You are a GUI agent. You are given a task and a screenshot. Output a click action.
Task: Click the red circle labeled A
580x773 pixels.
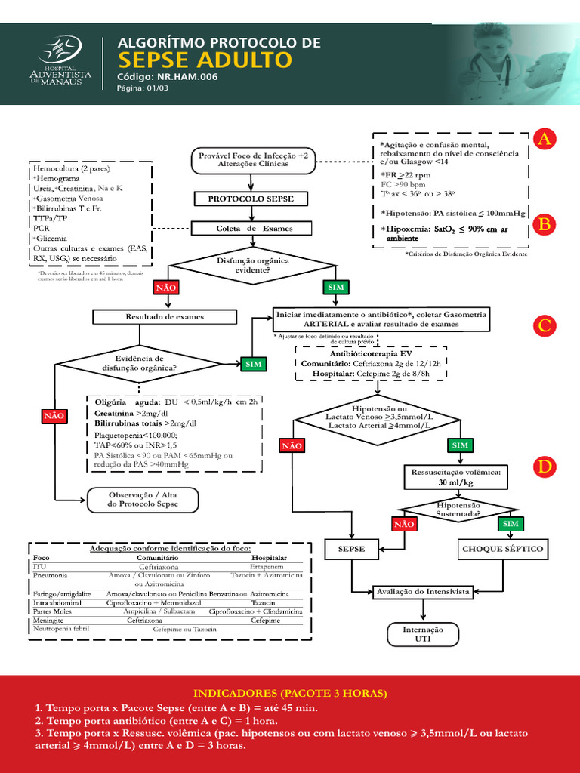(545, 139)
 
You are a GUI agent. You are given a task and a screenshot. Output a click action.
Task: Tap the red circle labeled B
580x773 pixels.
(545, 224)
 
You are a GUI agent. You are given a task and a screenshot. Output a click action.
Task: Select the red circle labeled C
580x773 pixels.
(545, 325)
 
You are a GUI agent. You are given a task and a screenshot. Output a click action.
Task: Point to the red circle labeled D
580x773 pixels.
(545, 467)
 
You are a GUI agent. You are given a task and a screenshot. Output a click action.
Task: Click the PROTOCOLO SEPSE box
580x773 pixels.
(251, 199)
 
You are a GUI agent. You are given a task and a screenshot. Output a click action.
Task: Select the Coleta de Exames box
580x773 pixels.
(251, 228)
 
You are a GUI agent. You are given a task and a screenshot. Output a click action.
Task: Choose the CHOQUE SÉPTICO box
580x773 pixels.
(502, 549)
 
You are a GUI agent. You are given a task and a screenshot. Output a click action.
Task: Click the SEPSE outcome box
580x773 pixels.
(352, 549)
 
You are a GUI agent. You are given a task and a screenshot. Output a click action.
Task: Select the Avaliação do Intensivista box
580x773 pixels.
(423, 592)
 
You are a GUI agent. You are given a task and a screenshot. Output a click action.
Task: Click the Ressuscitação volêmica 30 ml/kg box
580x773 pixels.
(456, 476)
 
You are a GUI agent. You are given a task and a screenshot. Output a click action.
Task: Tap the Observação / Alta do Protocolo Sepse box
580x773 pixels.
(143, 498)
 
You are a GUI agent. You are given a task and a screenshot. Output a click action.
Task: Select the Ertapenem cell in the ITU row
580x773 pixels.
(269, 566)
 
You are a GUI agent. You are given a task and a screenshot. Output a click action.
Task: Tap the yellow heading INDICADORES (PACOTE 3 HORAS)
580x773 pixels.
(290, 693)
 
